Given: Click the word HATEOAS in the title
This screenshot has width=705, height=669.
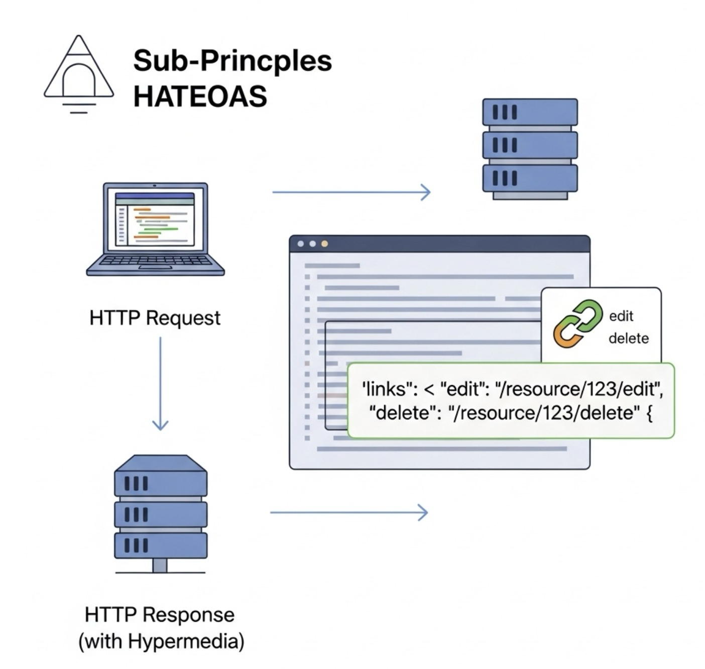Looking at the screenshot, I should (200, 96).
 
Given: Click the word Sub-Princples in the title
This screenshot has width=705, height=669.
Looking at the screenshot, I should (232, 61).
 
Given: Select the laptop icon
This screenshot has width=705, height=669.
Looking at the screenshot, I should (155, 229).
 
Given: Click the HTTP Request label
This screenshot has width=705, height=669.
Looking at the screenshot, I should (155, 318).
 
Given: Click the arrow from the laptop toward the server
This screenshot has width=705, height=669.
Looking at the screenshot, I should (351, 192).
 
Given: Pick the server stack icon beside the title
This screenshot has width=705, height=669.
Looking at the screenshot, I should (530, 149).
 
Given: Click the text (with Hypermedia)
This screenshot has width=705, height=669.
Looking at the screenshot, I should (161, 641).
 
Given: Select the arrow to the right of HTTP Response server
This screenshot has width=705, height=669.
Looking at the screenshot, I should (348, 512).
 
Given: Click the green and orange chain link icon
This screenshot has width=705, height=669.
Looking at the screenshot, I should (577, 324).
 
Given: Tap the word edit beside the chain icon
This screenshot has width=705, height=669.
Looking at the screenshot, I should (621, 316).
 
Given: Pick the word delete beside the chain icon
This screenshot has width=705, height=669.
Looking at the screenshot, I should (628, 338).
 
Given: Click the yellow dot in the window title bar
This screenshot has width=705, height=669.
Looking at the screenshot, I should (324, 244).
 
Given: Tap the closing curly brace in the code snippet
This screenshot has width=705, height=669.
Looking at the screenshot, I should (649, 413).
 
